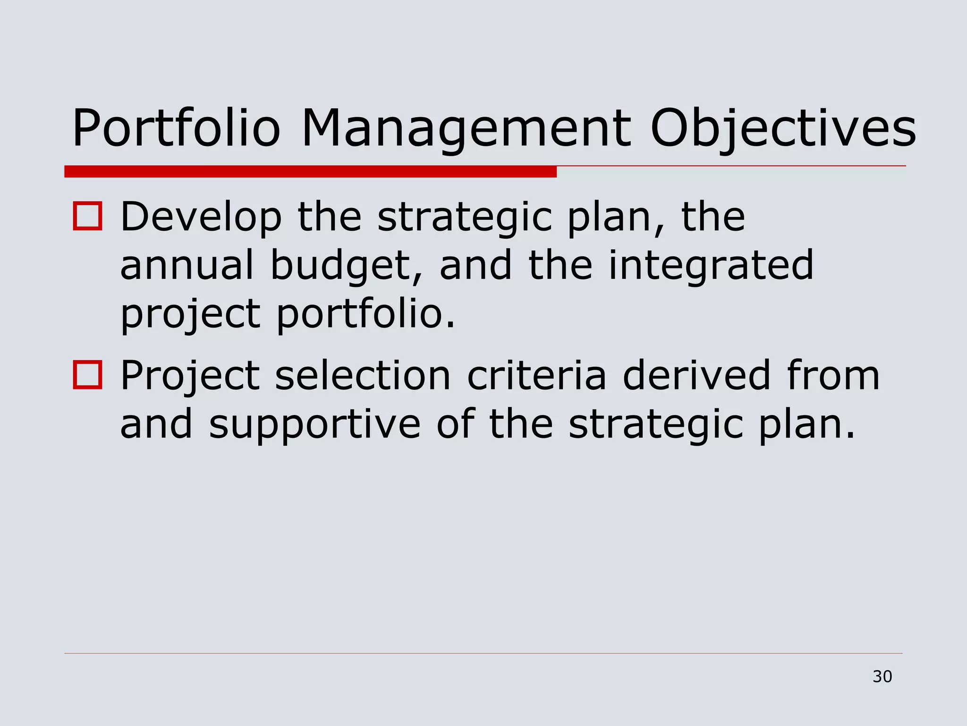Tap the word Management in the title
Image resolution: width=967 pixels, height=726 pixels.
pos(466,129)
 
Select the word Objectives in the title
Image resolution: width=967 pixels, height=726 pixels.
pos(783,129)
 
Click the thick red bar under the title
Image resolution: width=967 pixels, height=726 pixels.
pos(310,172)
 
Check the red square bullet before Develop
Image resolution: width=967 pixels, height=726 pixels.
pos(88,216)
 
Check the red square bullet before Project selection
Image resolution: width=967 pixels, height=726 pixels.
pos(88,375)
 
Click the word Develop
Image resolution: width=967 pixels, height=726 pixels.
pos(201,217)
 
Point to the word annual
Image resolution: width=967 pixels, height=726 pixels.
pos(187,266)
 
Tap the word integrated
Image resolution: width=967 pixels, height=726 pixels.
pos(711,267)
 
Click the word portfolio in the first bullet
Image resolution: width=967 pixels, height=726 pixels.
pos(365,315)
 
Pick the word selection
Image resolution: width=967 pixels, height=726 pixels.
pos(363,376)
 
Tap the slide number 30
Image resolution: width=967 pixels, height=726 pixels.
pos(882,677)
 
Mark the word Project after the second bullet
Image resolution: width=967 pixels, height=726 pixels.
pos(190,377)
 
